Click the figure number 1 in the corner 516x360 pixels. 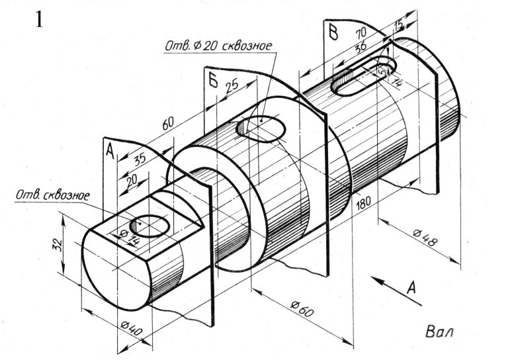[x=39, y=20]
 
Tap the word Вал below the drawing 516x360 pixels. [x=439, y=332]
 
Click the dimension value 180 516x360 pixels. [x=364, y=202]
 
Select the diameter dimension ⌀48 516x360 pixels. [x=426, y=238]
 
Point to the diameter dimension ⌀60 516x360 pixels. [x=302, y=308]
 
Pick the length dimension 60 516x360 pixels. [x=167, y=122]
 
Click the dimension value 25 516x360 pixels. [x=232, y=85]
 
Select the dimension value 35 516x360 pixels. [x=140, y=159]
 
